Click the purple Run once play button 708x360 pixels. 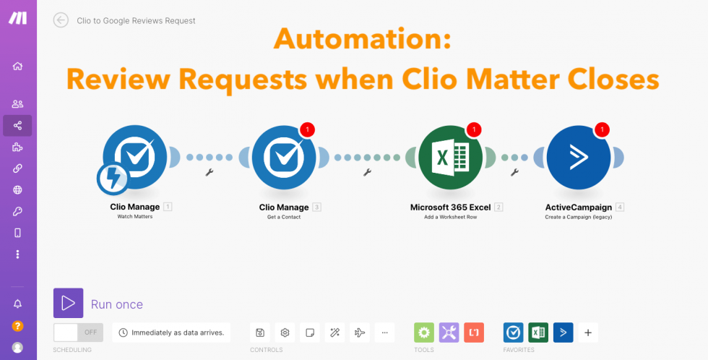coord(68,303)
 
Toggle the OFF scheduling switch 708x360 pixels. coord(78,333)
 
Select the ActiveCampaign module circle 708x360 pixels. coord(579,157)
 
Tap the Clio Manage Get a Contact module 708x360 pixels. coord(283,157)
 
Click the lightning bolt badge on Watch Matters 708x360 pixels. coord(113,179)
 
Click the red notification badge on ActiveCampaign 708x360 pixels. coord(603,129)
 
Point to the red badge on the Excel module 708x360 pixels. coord(474,129)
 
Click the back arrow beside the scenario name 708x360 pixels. coord(61,20)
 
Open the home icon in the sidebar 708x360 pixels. coord(17,67)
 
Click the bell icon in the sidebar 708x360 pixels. coord(17,304)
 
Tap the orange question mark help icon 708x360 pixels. coord(17,326)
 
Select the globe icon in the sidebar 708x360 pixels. coord(17,189)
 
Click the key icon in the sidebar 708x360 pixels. coord(17,211)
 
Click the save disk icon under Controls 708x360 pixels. coord(260,333)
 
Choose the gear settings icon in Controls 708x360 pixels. coord(285,333)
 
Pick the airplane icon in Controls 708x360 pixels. coord(360,333)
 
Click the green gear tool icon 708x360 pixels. coord(424,333)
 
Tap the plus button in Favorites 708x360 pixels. coord(588,333)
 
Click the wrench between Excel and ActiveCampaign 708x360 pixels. coord(514,171)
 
